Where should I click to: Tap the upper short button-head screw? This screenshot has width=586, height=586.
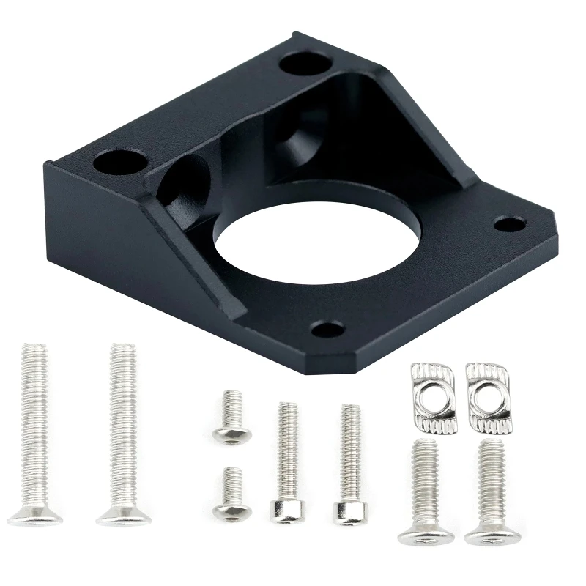pyautogui.click(x=232, y=418)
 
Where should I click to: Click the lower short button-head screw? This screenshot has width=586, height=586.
pyautogui.click(x=232, y=494)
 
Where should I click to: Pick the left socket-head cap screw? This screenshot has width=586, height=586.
pyautogui.click(x=287, y=461)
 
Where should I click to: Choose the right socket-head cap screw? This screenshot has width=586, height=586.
pyautogui.click(x=349, y=461)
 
